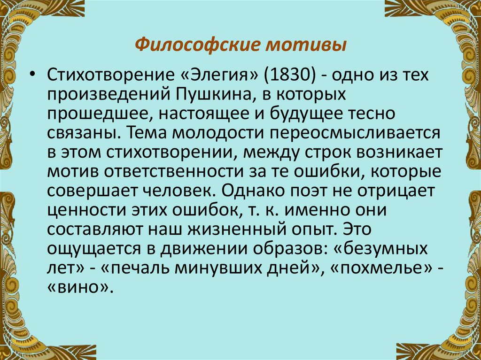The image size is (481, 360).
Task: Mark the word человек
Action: pyautogui.click(x=175, y=192)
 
